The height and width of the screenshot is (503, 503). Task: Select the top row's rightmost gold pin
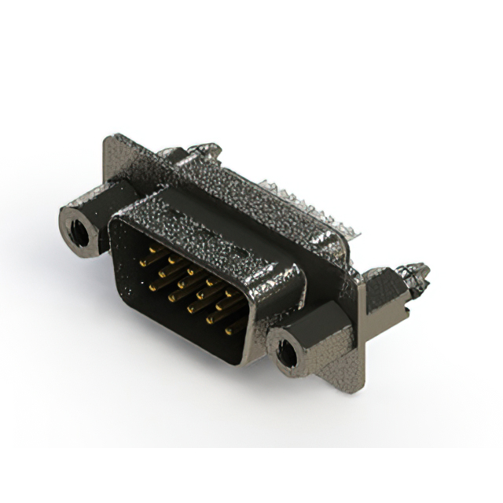[229, 296]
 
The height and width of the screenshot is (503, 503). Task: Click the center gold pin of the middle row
[189, 283]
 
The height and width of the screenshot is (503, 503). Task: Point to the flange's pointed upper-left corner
[108, 141]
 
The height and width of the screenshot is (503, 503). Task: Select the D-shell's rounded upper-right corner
[295, 275]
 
